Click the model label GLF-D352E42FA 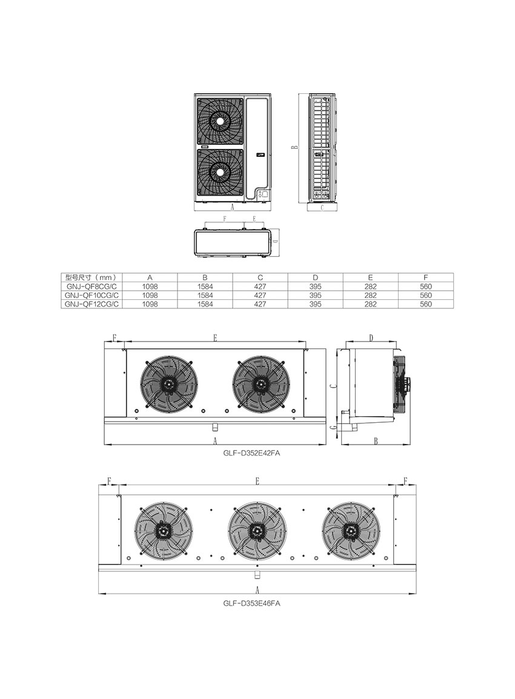251,453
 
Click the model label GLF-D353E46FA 251,603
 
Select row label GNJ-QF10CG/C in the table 91,295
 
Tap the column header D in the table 315,277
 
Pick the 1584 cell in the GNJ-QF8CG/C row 205,287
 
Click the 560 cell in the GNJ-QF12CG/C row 426,304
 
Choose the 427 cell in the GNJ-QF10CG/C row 260,295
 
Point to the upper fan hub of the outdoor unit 220,121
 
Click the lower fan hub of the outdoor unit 220,171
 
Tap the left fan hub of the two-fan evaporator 169,384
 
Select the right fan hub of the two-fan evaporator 261,384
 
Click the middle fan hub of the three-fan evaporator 256,531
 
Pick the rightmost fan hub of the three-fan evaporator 350,531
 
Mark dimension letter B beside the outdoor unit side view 294,147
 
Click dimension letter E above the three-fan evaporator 257,481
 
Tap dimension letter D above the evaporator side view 371,338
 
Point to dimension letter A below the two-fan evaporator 215,442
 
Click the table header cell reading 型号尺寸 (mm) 91,277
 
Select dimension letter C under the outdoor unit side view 322,207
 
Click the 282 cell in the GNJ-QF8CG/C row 371,287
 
